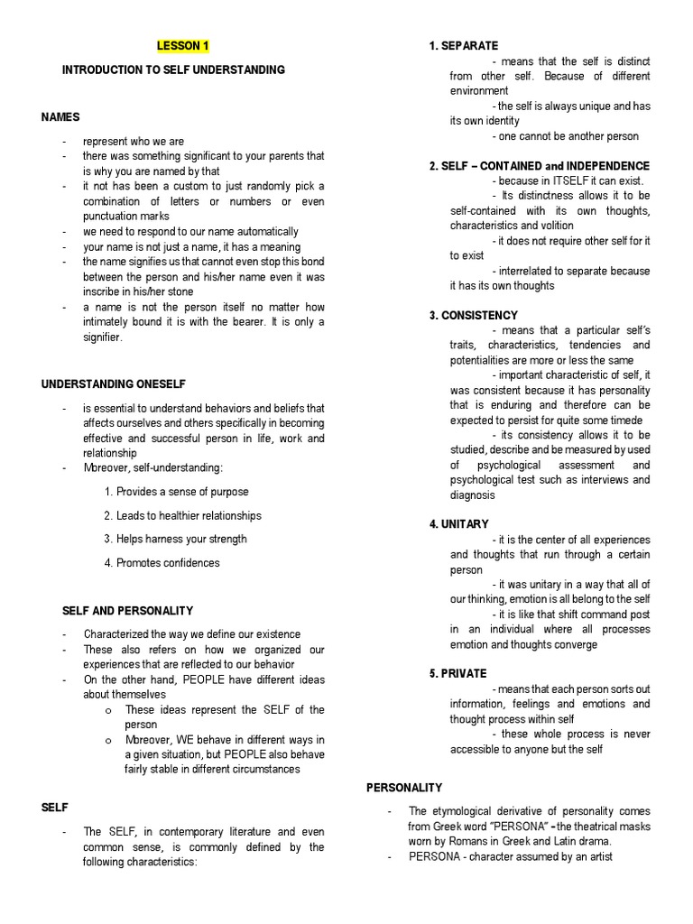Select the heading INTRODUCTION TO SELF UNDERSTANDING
pos(173,69)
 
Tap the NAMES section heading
pos(60,117)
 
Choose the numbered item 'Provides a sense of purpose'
pos(176,492)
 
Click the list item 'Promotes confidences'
pos(162,563)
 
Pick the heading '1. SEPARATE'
pos(464,46)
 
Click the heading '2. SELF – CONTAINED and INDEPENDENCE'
pos(540,166)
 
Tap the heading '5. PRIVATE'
pos(458,673)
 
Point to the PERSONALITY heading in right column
pos(404,788)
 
